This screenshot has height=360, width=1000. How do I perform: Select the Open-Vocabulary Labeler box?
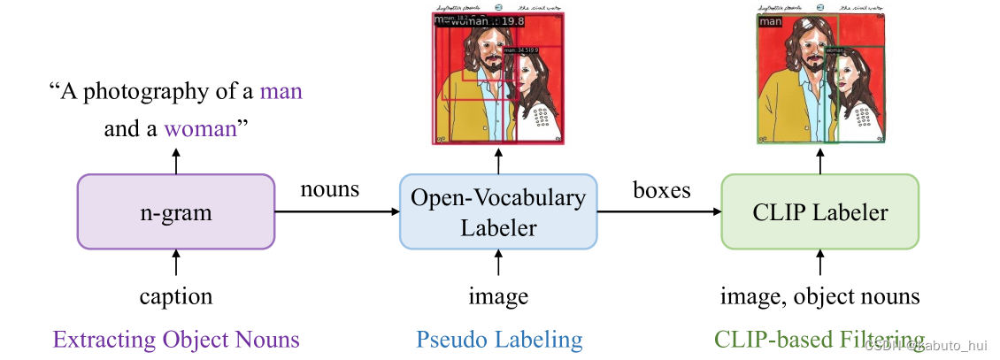point(498,212)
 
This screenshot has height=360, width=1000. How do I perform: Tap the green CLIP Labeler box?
point(820,211)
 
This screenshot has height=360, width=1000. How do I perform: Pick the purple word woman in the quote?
point(202,129)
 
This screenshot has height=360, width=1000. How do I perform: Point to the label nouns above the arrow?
point(331,189)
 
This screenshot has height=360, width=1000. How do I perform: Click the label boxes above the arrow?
point(661,189)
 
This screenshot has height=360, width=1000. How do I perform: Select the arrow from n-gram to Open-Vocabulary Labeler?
point(337,211)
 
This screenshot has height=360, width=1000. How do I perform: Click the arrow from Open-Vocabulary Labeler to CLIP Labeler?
point(659,211)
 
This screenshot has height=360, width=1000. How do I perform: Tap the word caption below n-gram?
point(176,296)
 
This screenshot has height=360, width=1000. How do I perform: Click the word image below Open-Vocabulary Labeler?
point(498,296)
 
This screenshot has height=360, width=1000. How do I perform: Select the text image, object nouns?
point(819,296)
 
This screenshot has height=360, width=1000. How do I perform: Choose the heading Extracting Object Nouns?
point(176,340)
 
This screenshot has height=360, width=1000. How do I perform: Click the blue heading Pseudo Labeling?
point(498,340)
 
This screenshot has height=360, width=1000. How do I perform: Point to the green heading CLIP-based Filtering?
point(819,340)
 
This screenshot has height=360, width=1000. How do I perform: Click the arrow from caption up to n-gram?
point(176,263)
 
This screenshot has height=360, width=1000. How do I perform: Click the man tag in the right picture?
point(771,21)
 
